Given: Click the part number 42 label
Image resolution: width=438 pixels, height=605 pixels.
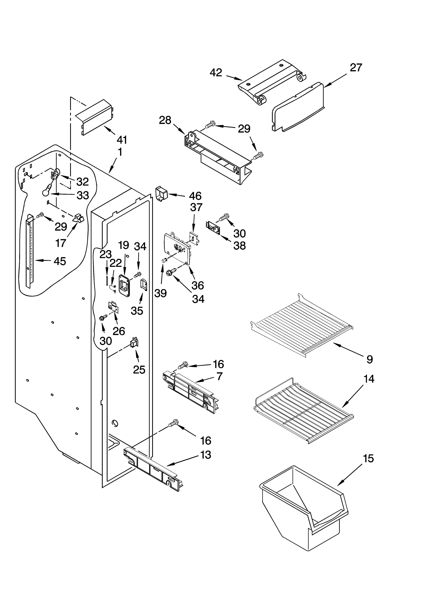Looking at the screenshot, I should (216, 73).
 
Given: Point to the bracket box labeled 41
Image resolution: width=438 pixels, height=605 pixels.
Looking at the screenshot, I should (94, 117).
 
